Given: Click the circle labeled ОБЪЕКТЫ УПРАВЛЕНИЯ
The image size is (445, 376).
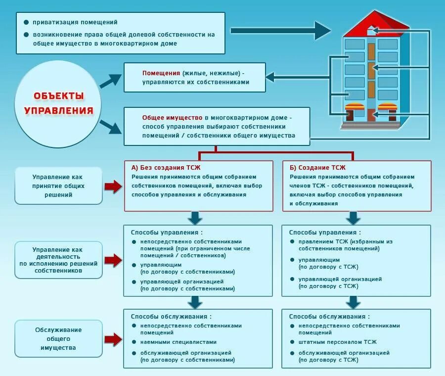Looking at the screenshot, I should coord(59,103).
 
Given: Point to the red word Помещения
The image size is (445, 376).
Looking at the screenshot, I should coord(161,73).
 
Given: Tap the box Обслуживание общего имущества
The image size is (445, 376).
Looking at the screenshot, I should coord(58,338).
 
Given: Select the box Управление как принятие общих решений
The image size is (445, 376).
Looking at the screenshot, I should coord(58,186).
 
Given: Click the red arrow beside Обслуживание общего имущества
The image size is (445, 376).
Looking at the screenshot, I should coord(113,339).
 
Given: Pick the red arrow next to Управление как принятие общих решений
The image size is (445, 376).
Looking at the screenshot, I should coord(113,186).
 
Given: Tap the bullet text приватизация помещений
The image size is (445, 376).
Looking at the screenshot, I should coord(75,22).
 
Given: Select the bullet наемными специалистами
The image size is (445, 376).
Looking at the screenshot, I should coord(178,342).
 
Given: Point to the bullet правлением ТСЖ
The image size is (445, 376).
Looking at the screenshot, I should coord(345,241).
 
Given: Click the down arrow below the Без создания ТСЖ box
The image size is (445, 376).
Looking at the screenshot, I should coord(196,218).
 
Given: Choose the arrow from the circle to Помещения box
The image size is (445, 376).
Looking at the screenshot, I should coord(111,81).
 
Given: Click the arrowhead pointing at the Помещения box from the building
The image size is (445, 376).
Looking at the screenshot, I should coord(271,77).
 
